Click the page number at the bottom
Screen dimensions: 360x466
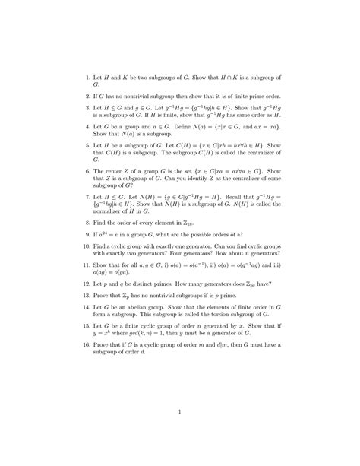click(179, 413)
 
